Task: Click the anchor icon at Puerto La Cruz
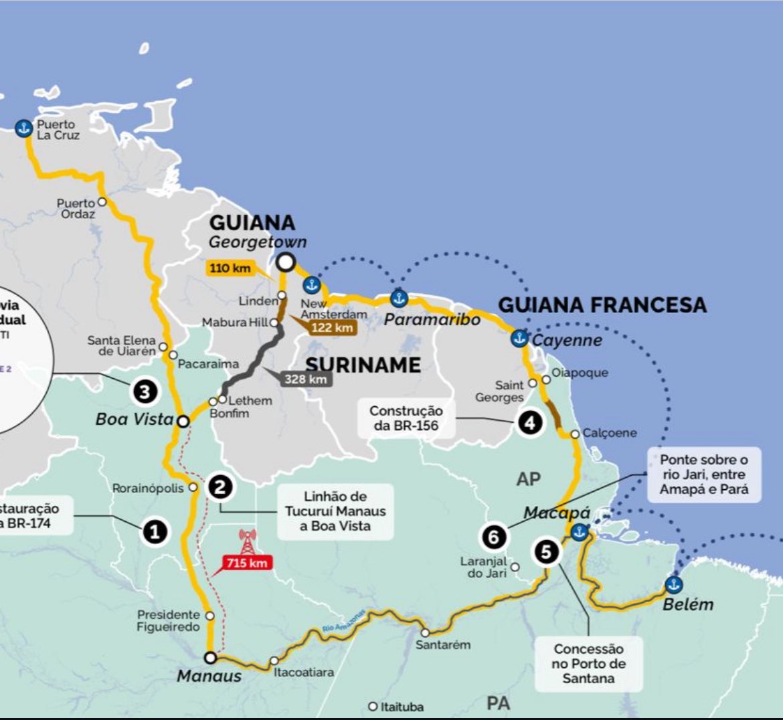(x=24, y=128)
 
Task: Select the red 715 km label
(x=246, y=563)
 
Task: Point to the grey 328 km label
(x=306, y=379)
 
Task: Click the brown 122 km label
(x=332, y=328)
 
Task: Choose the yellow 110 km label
(x=230, y=268)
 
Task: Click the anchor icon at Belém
(x=674, y=585)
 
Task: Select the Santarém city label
(x=442, y=645)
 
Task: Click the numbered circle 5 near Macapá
(x=546, y=552)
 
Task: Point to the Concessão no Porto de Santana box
(x=588, y=664)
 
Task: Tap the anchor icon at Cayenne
(x=519, y=338)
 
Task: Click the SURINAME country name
(x=363, y=365)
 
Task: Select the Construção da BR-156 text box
(x=406, y=418)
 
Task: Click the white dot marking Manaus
(x=210, y=657)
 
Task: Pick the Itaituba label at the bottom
(x=402, y=707)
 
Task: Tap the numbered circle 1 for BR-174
(x=155, y=533)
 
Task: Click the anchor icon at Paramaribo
(x=399, y=298)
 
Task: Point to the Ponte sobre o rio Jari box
(x=703, y=474)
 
